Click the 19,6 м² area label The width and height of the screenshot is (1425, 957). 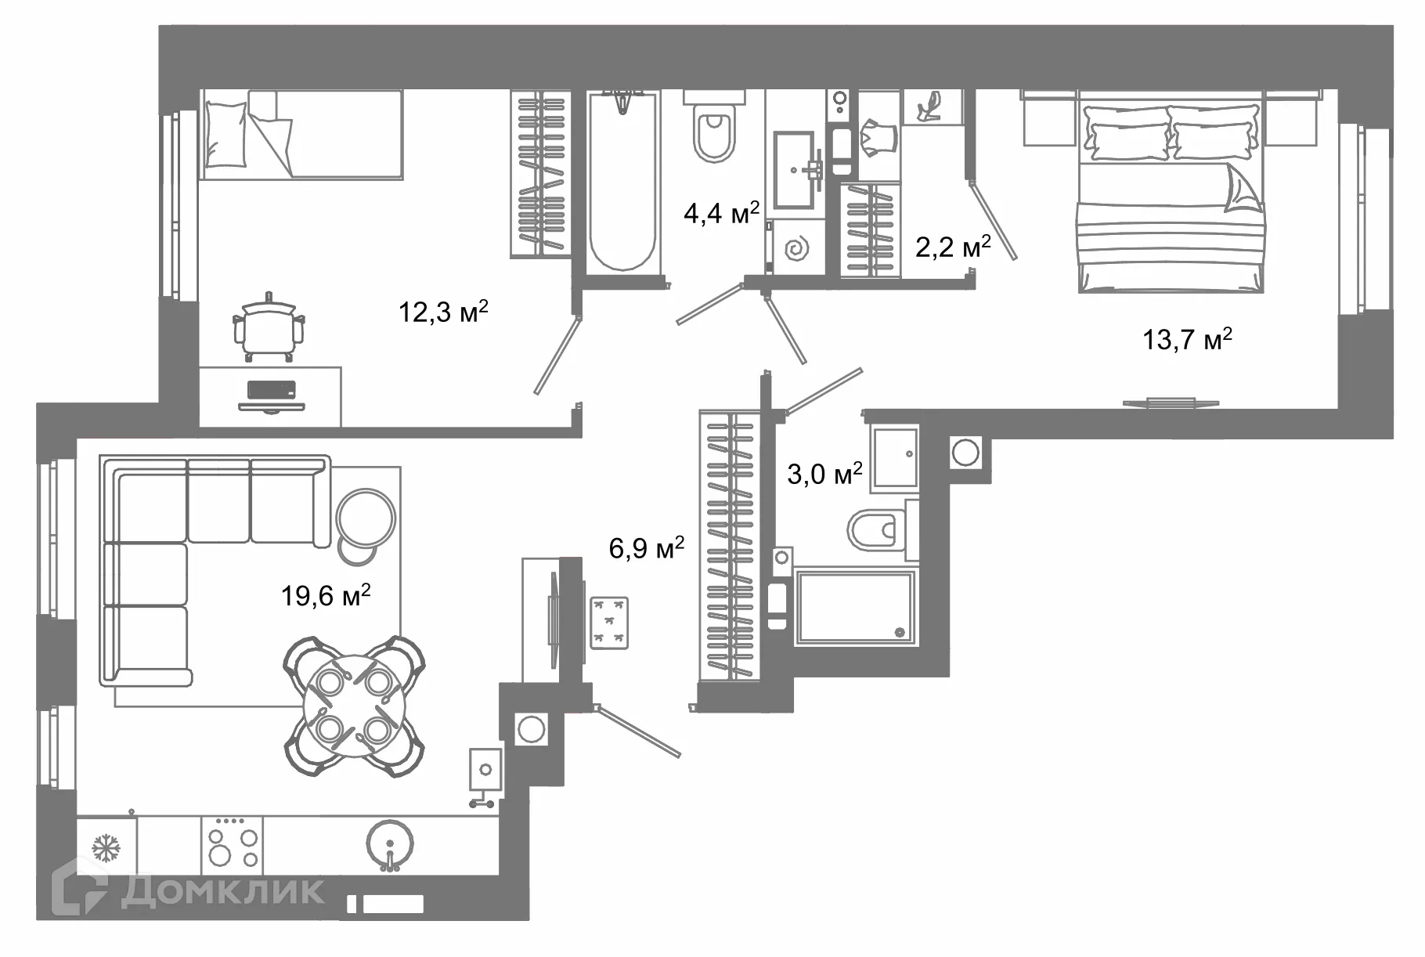pos(326,596)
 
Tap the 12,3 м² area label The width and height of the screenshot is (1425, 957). pos(444,312)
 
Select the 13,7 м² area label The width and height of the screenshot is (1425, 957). pos(1188,340)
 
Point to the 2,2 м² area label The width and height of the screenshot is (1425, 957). pos(953,247)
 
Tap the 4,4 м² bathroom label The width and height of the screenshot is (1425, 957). pos(721,212)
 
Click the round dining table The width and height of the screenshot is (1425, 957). pos(354,706)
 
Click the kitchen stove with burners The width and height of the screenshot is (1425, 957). pos(232,845)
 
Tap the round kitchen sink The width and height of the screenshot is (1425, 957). pos(390,844)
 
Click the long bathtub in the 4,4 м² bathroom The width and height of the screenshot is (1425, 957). pos(622,182)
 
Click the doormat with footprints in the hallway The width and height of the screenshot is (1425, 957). pos(609,622)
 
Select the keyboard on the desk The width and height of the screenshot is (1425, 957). pos(271,389)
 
